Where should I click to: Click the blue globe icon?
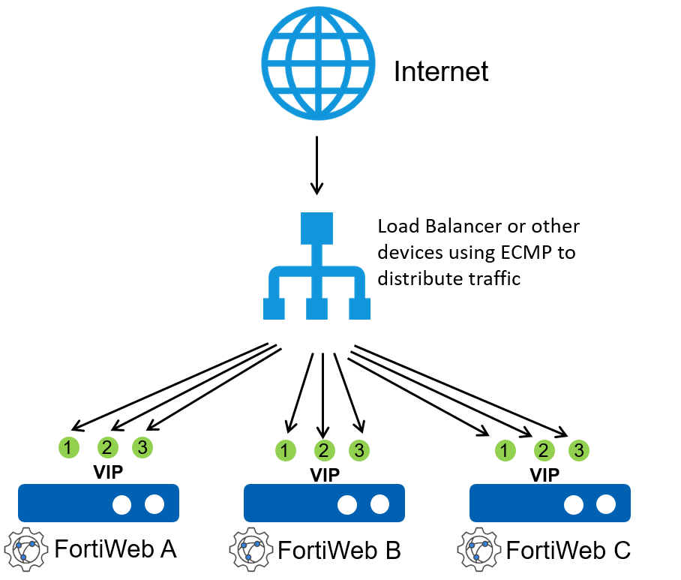318,63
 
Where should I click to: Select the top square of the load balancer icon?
316,229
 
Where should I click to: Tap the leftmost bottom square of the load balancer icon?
274,308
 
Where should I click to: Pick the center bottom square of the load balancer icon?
316,308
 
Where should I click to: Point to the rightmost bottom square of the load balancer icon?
359,308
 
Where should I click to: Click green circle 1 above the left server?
69,448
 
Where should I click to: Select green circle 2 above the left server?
108,448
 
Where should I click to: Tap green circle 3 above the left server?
142,448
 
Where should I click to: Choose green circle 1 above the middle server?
286,451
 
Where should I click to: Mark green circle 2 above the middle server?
325,451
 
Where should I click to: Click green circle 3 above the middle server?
359,451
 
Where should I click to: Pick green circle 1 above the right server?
505,451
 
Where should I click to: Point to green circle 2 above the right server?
544,451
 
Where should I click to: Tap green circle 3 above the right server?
578,451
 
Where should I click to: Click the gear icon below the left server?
25,550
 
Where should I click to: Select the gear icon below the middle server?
251,550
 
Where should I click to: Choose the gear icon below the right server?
478,550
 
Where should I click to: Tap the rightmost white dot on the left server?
154,505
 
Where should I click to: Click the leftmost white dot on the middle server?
347,505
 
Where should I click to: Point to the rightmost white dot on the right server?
606,505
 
